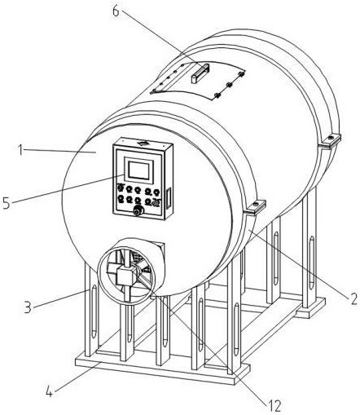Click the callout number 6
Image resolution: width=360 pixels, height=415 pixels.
coord(116,11)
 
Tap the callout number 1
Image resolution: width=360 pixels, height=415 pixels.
coord(20,150)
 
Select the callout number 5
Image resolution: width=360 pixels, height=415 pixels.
coord(7,203)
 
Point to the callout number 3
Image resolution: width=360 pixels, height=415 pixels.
coord(28,307)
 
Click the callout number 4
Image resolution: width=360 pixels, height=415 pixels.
coord(49,391)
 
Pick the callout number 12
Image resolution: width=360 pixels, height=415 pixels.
coord(274,406)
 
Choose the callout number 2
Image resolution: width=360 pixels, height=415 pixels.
coord(353,298)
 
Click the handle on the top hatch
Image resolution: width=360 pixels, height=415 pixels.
coord(200,73)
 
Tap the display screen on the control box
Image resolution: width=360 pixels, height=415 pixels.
coord(138,170)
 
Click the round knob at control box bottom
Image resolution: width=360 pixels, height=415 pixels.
coord(138,210)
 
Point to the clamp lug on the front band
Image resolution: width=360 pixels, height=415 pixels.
coord(255,207)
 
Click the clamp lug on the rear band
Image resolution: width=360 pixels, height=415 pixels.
coord(331,141)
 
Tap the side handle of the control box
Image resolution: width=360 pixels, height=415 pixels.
coord(169,198)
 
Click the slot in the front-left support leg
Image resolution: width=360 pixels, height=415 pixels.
coord(94,311)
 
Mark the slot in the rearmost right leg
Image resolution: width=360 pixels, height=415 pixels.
coord(311,263)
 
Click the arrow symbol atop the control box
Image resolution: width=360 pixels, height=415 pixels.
coord(143,143)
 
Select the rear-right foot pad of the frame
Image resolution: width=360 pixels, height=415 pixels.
coord(310,308)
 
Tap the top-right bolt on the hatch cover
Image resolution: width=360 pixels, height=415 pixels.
coord(241,73)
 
